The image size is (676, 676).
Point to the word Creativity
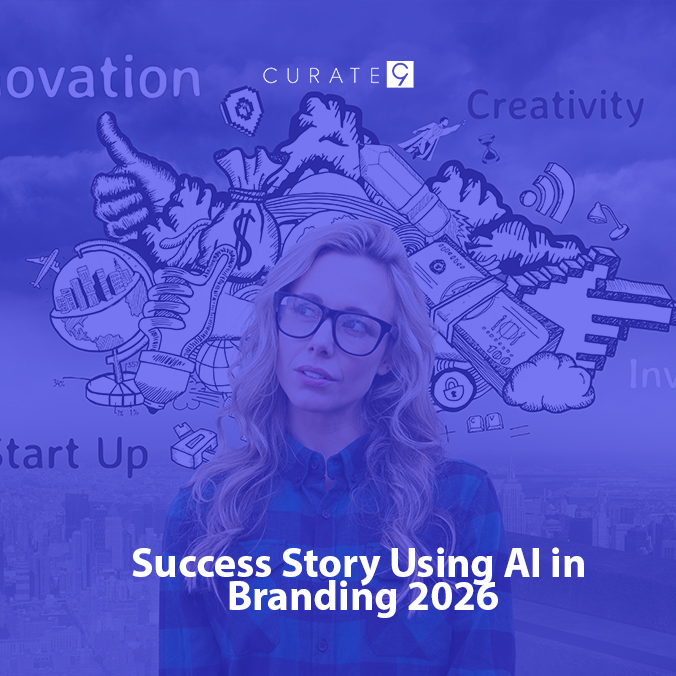click(x=555, y=106)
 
